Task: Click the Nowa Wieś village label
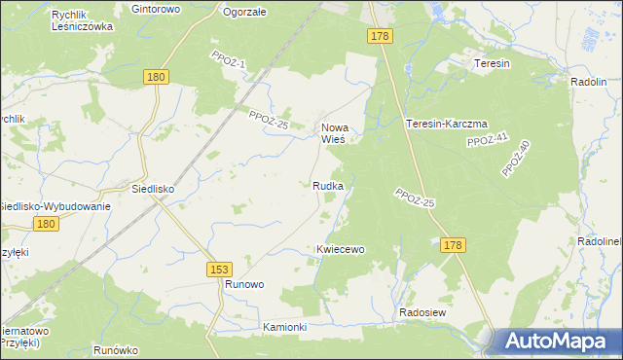pyautogui.click(x=335, y=132)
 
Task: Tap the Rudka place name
pyautogui.click(x=327, y=185)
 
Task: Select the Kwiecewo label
pyautogui.click(x=340, y=249)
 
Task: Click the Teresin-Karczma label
pyautogui.click(x=446, y=124)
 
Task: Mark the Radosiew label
pyautogui.click(x=422, y=312)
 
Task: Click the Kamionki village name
pyautogui.click(x=284, y=328)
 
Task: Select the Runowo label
pyautogui.click(x=244, y=284)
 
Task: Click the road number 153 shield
pyautogui.click(x=219, y=268)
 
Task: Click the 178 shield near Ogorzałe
pyautogui.click(x=381, y=36)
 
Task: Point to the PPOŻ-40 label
pyautogui.click(x=515, y=159)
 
